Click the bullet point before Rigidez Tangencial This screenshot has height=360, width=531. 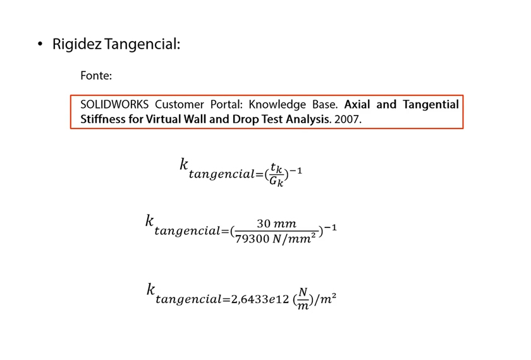40,44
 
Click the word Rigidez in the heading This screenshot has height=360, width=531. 77,44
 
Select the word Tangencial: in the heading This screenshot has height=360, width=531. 142,44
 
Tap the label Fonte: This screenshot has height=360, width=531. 96,75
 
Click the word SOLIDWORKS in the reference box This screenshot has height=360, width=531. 114,104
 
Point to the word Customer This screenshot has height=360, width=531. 180,104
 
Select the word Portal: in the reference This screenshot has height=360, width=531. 226,104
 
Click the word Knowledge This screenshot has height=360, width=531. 278,105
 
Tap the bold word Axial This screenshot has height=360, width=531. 357,104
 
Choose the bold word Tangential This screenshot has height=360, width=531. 430,105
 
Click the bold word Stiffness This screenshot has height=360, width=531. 103,119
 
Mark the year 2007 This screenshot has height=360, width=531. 348,119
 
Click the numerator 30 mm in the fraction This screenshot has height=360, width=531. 276,224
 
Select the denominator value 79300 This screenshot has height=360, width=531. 252,239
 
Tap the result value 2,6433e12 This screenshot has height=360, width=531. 260,299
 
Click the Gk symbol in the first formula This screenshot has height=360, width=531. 276,181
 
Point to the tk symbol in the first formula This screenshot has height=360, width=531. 276,168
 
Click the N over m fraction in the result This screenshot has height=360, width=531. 303,298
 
